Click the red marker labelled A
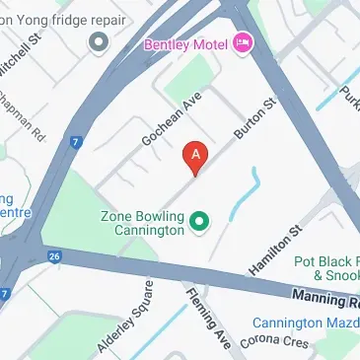[x=196, y=157]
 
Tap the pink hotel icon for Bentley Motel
[x=244, y=44]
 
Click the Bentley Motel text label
[x=186, y=44]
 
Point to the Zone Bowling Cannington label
[x=143, y=223]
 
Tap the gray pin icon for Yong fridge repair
[x=98, y=42]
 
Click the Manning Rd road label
[x=326, y=295]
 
